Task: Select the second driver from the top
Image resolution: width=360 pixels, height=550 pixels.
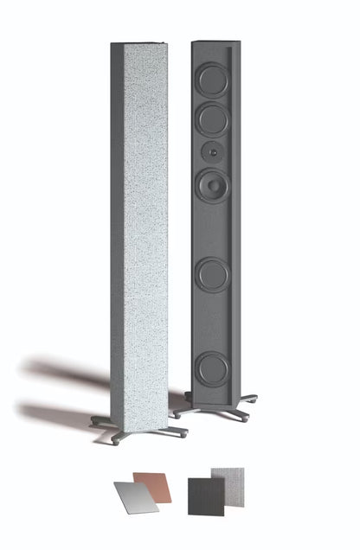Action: pos(211,118)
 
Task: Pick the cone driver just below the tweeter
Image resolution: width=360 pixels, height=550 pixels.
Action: pos(211,184)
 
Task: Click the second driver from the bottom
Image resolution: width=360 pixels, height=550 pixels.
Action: pos(211,275)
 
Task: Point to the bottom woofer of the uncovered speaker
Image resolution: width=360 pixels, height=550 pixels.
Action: pos(211,368)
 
